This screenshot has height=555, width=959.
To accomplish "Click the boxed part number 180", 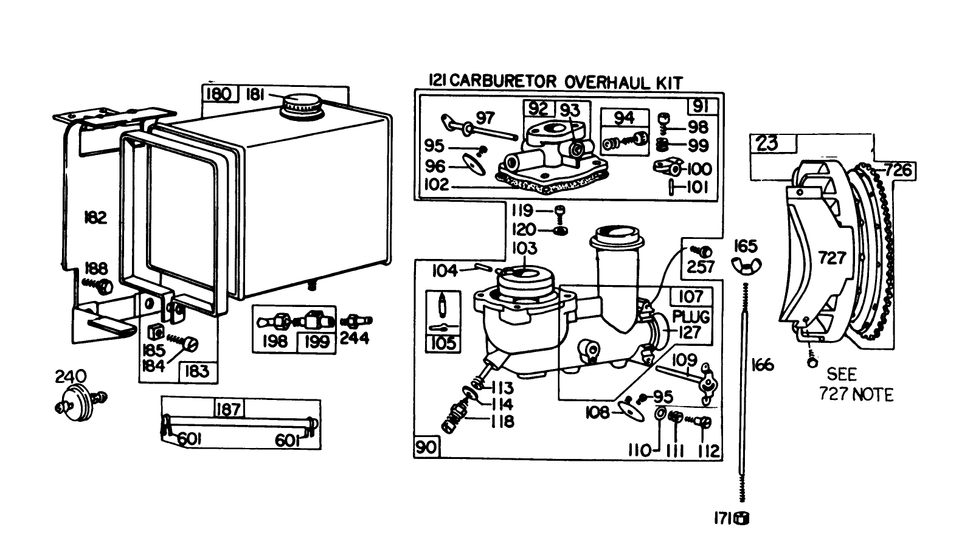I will click(x=218, y=94).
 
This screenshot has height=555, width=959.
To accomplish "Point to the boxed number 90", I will click(x=426, y=447).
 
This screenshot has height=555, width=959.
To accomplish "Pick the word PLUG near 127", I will click(x=691, y=317).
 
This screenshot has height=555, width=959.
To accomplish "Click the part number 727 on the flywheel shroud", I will click(x=831, y=258).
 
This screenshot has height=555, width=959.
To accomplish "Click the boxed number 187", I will click(x=228, y=408).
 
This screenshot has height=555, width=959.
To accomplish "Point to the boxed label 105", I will click(x=442, y=343).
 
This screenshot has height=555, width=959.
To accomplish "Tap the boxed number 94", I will click(x=624, y=117).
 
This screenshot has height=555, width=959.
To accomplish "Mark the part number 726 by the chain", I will click(x=898, y=170).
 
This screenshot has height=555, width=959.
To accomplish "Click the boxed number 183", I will click(x=196, y=371).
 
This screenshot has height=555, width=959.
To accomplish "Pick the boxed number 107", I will click(x=691, y=297).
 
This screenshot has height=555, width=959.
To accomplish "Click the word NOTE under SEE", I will click(x=871, y=395).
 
